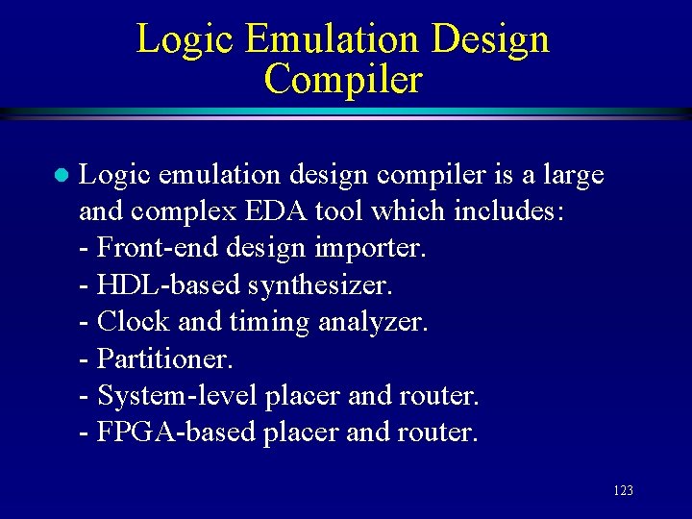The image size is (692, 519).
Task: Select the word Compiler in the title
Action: pyautogui.click(x=343, y=79)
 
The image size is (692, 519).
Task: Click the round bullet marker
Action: pyautogui.click(x=59, y=176)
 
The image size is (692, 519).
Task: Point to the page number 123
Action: pyautogui.click(x=622, y=491)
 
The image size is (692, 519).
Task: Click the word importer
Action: pyautogui.click(x=369, y=248)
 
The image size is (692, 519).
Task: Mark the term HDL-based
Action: pyautogui.click(x=169, y=284)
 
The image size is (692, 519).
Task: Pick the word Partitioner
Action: pyautogui.click(x=165, y=358)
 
